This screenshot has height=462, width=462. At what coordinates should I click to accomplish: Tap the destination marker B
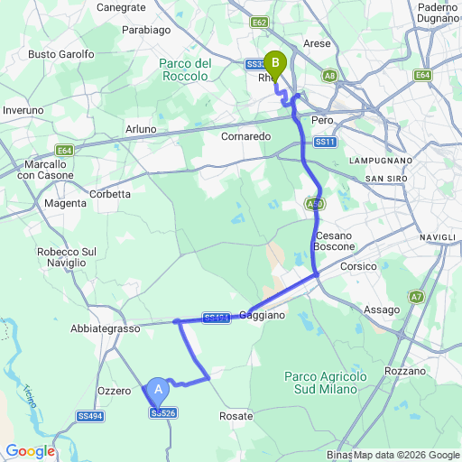click(x=274, y=63)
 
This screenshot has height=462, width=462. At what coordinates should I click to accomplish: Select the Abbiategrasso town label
click(x=106, y=329)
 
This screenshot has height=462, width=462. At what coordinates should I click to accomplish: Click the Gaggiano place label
click(x=263, y=315)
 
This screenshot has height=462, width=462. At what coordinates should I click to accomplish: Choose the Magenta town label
click(x=64, y=204)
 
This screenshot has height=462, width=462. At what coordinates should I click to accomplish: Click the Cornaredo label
click(x=245, y=136)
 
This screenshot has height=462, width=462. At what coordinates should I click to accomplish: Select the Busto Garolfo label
click(x=61, y=54)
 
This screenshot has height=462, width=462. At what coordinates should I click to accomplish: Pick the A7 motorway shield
click(x=416, y=296)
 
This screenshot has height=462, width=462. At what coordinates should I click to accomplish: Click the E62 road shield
click(x=260, y=22)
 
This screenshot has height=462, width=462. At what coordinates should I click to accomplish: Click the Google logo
click(x=30, y=450)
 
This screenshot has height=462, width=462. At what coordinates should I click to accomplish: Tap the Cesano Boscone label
click(x=333, y=241)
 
